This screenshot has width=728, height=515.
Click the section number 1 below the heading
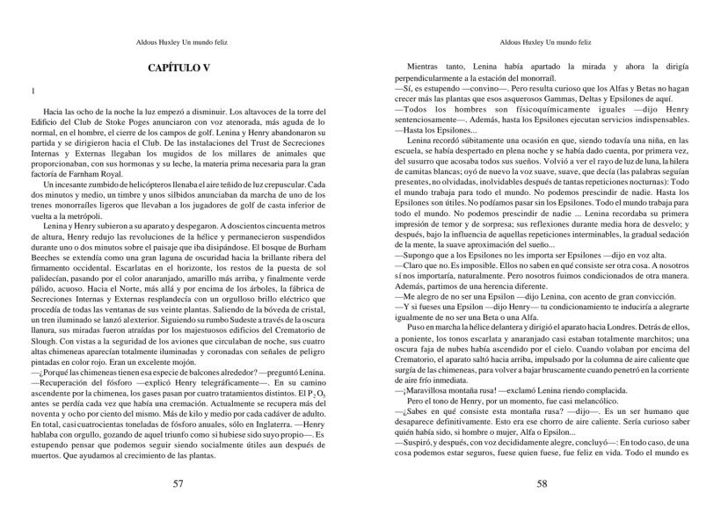[33, 91]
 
